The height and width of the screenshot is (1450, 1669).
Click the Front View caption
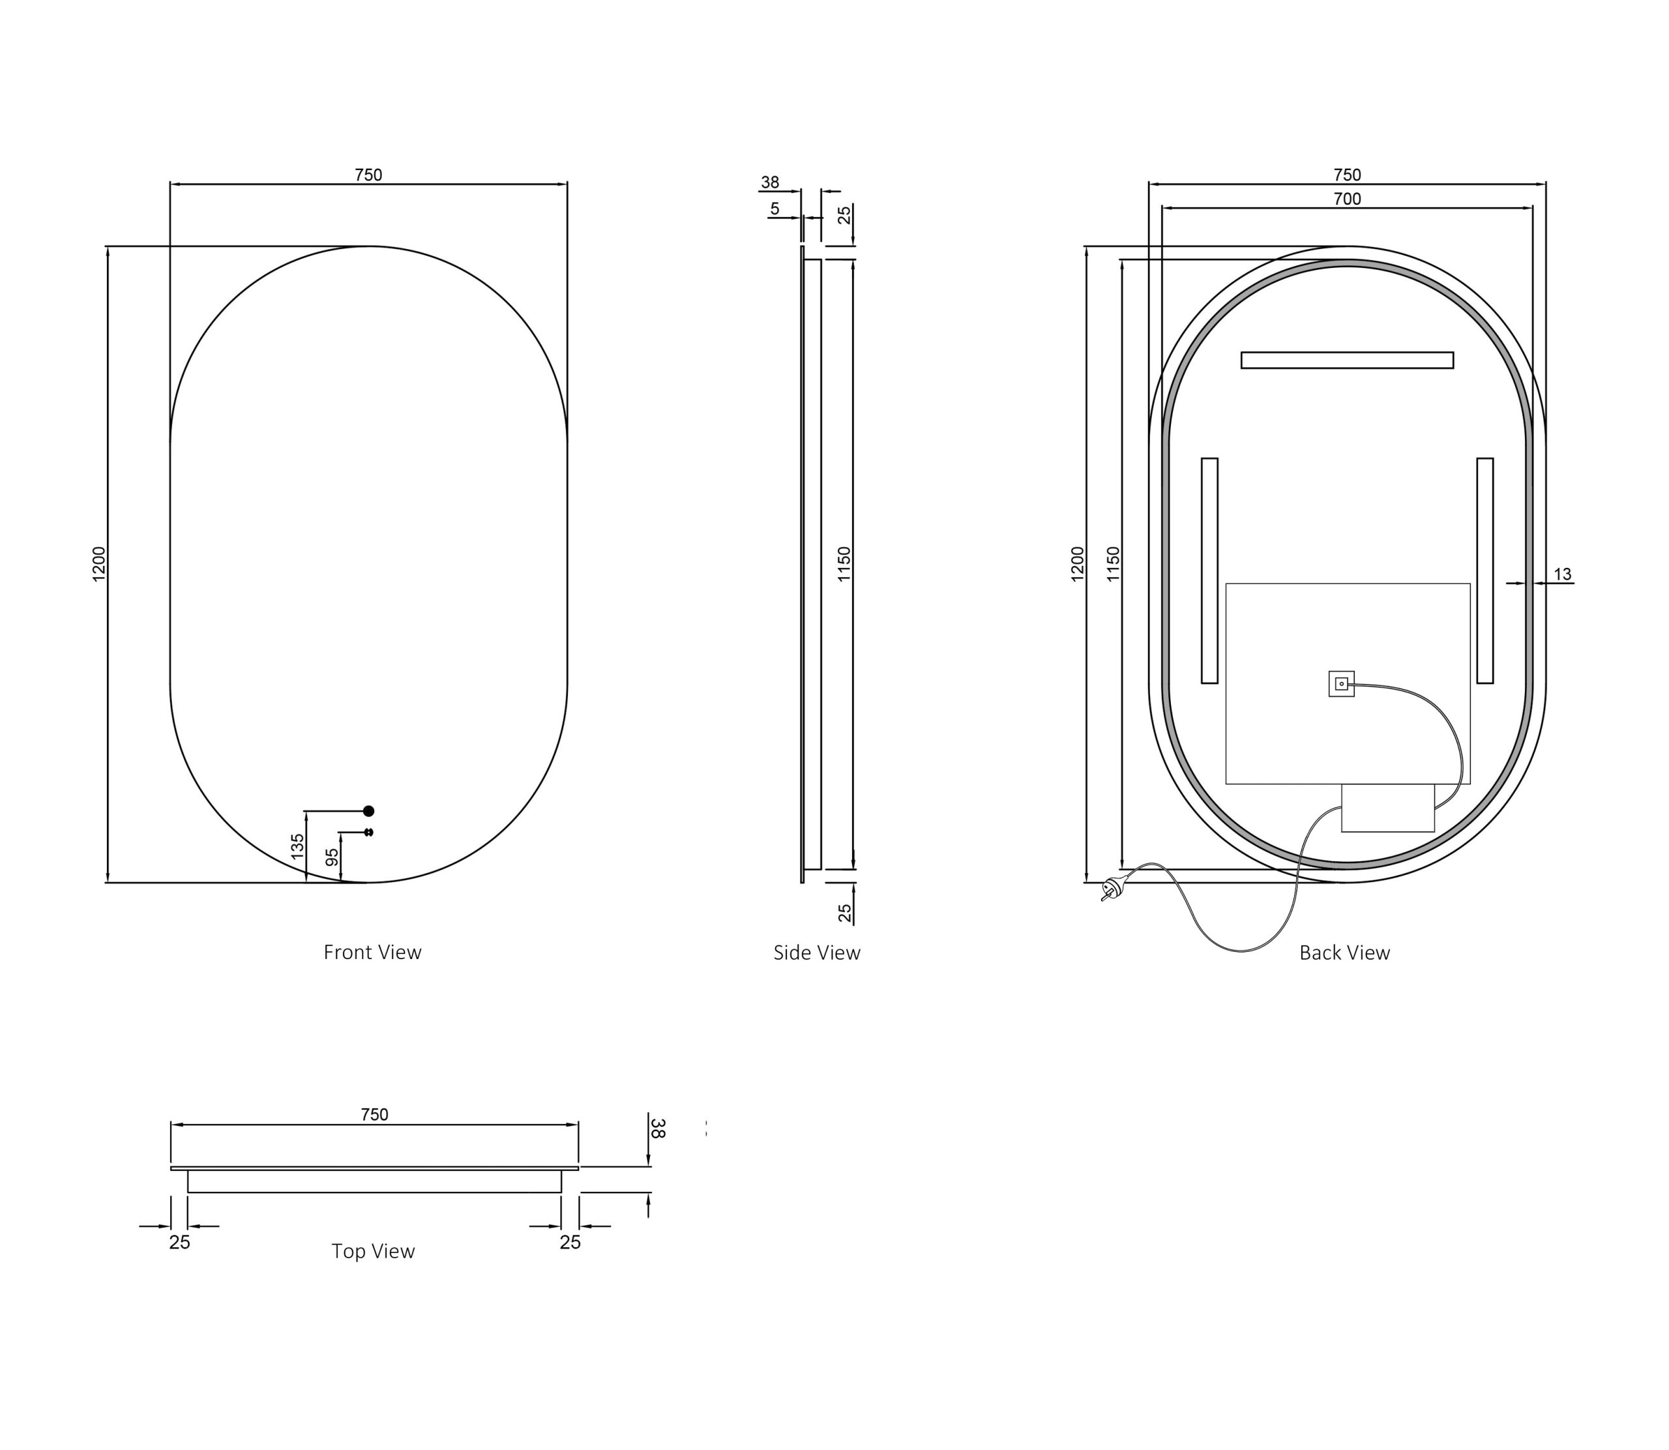click(372, 953)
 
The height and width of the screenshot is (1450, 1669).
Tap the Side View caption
click(816, 953)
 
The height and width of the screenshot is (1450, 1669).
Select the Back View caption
click(1344, 953)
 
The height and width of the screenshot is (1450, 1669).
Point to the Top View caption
click(373, 1252)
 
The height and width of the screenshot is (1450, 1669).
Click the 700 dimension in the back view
click(1347, 199)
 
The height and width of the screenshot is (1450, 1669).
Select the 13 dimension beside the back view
click(1562, 574)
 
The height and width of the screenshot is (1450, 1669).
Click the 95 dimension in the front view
click(332, 857)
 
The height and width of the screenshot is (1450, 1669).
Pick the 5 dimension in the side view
click(775, 209)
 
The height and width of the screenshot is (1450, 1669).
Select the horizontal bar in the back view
click(1347, 360)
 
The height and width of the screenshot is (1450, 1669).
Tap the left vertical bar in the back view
click(1209, 570)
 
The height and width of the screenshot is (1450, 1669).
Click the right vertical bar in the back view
click(1484, 570)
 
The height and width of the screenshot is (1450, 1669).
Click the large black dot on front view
click(369, 811)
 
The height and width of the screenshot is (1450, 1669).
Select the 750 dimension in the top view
click(375, 1115)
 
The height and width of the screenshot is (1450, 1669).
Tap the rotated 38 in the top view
click(658, 1128)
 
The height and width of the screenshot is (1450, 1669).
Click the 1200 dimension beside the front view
click(98, 563)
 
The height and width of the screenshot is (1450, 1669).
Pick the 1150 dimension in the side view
click(844, 563)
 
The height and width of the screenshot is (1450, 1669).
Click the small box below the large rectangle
click(1387, 808)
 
